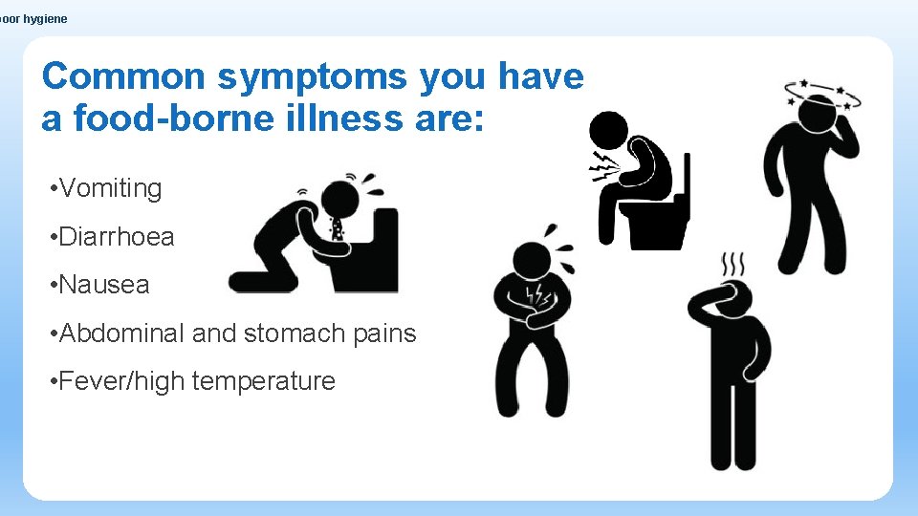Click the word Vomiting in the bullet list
pyautogui.click(x=110, y=188)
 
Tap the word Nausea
pyautogui.click(x=104, y=285)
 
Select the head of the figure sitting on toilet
pyautogui.click(x=608, y=130)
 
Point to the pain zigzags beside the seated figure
pyautogui.click(x=602, y=166)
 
